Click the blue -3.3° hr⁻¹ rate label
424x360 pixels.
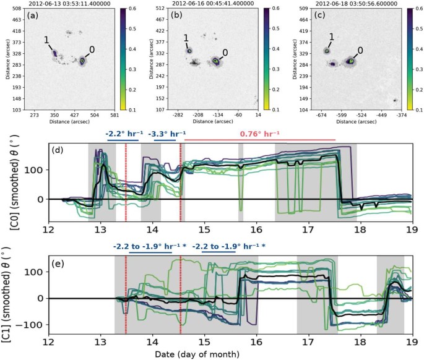pyautogui.click(x=165, y=132)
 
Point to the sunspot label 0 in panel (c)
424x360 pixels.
pyautogui.click(x=360, y=49)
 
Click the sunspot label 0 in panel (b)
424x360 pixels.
pyautogui.click(x=225, y=53)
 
